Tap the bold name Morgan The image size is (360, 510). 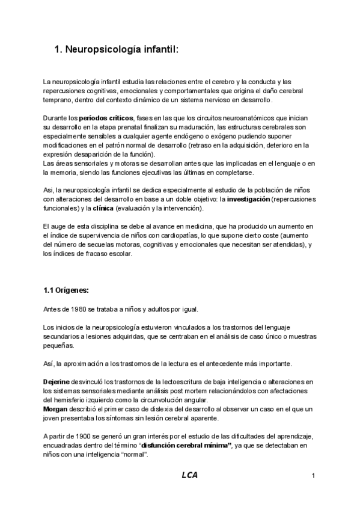56,409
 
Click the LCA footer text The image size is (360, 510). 190,475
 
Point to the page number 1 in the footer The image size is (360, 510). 314,476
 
